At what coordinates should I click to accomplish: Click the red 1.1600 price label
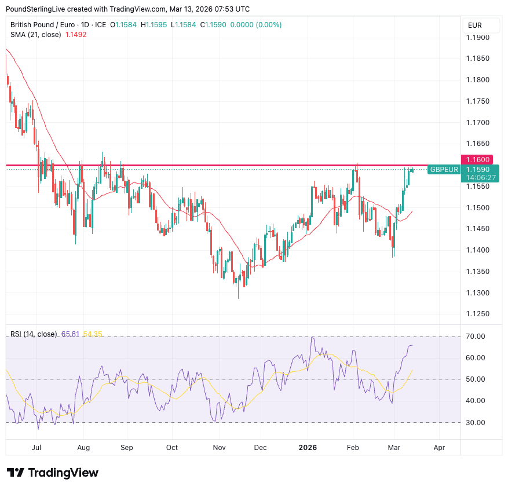480,159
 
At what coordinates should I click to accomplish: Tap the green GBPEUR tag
444,169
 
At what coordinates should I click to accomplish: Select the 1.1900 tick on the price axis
478,38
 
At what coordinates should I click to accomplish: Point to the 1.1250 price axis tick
478,314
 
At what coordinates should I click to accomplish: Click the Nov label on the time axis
219,448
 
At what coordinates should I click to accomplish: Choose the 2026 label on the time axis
308,448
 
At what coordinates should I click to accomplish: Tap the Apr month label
439,448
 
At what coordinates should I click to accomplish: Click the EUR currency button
475,25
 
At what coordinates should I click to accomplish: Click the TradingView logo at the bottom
53,473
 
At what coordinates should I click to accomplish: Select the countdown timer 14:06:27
480,177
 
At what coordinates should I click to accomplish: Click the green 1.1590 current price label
480,169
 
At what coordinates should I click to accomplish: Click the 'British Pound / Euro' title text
42,25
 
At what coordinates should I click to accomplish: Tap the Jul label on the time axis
36,448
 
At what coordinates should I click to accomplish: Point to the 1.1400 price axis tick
478,250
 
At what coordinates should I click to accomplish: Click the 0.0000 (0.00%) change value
256,25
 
